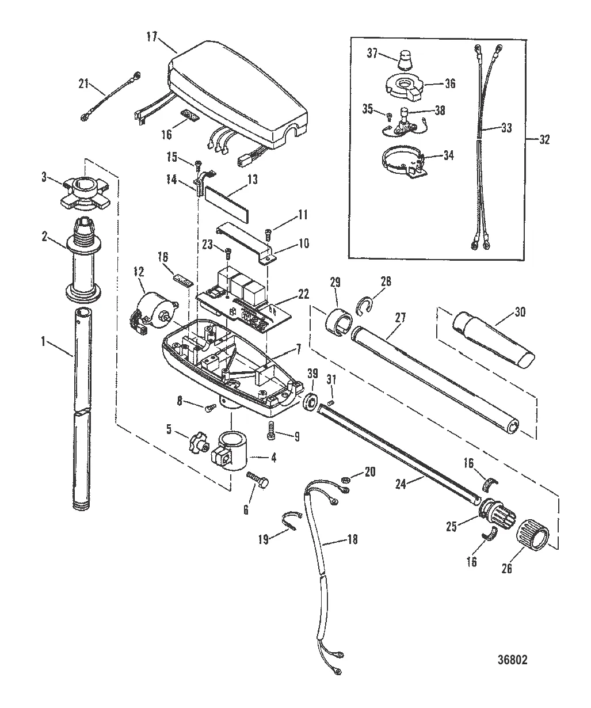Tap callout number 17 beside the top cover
[152, 37]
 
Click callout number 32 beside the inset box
[544, 139]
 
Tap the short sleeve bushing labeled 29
[338, 322]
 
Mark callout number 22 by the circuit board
[303, 294]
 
